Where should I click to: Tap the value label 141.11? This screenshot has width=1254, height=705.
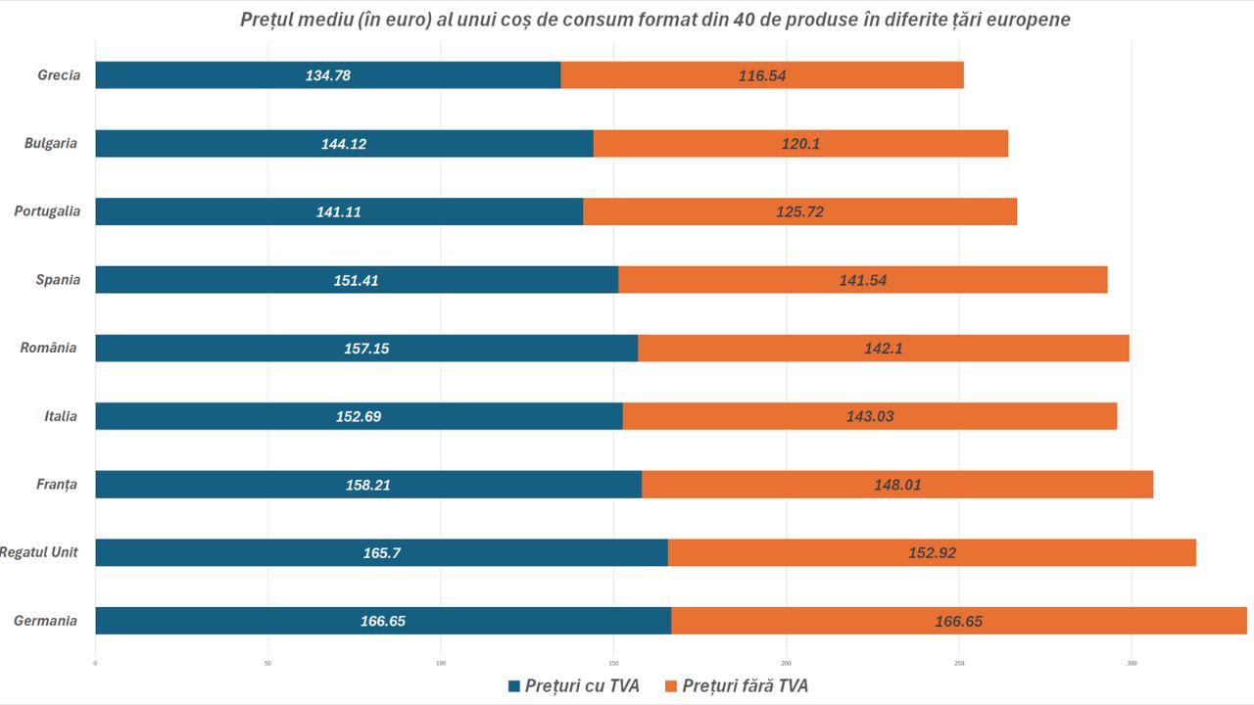tap(339, 211)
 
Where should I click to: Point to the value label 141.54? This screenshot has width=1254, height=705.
tap(862, 280)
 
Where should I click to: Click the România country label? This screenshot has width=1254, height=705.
tap(48, 348)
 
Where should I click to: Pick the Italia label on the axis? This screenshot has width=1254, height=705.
tap(61, 416)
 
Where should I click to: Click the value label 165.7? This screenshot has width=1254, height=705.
tap(382, 552)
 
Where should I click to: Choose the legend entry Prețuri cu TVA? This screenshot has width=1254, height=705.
tap(582, 686)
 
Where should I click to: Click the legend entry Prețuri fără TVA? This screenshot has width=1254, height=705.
tap(745, 686)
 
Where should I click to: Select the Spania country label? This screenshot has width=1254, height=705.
tap(58, 280)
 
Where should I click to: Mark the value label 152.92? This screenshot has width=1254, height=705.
tap(932, 552)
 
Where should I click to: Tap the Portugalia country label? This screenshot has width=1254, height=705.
tap(47, 211)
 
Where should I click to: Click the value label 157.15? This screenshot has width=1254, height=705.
tap(366, 348)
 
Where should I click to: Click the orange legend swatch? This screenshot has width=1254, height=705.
tap(671, 686)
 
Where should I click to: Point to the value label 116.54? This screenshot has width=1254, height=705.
tap(762, 75)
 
